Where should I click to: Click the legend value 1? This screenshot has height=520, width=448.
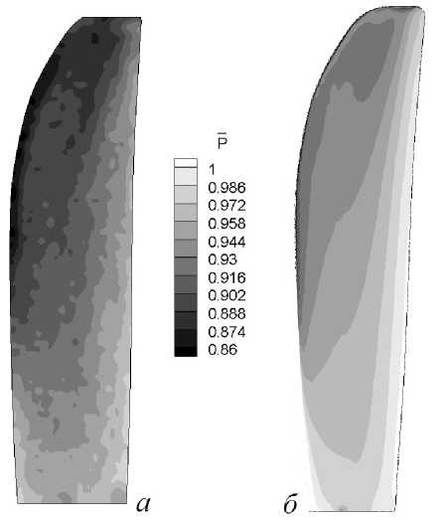[x=212, y=170]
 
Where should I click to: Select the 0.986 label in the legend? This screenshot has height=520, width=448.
[x=227, y=188]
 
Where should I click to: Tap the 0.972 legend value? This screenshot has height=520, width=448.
[x=227, y=206]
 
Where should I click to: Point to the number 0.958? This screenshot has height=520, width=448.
[x=227, y=224]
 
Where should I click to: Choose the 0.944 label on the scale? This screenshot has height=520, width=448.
[x=227, y=242]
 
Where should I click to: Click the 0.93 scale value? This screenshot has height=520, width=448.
[x=223, y=260]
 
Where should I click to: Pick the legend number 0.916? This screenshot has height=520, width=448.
[x=227, y=277]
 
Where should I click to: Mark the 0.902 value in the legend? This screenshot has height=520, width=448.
[x=227, y=295]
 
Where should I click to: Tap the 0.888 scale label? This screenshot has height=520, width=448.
[x=227, y=313]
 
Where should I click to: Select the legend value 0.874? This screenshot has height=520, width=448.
[x=227, y=332]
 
